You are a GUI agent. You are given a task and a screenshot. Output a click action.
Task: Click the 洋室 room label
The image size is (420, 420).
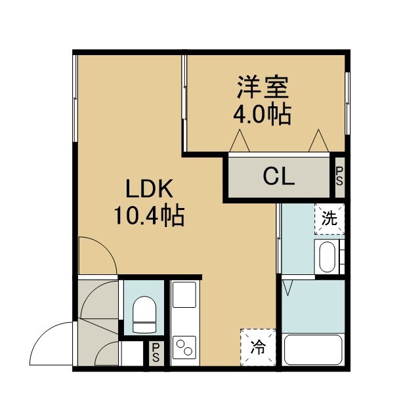pyautogui.click(x=262, y=87)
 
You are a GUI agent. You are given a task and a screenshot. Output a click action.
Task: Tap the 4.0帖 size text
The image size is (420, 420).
pyautogui.click(x=262, y=114)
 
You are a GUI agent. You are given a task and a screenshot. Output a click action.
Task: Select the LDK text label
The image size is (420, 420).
pyautogui.click(x=149, y=189)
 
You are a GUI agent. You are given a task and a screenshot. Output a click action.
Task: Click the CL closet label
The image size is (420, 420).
pyautogui.click(x=279, y=176)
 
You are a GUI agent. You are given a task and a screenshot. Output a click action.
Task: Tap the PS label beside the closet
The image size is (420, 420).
pyautogui.click(x=339, y=177)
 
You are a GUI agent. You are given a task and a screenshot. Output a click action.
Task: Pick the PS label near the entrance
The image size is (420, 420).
pyautogui.click(x=156, y=352)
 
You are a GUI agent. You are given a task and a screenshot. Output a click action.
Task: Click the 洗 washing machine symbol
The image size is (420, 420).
pyautogui.click(x=329, y=219)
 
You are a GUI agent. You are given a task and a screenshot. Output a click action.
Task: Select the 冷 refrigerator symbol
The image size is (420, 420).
pyautogui.click(x=258, y=347)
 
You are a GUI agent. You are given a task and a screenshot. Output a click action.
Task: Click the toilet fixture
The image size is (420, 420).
pyautogui.click(x=144, y=314)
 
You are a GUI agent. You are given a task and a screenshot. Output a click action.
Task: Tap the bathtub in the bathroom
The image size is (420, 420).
pyautogui.click(x=313, y=350)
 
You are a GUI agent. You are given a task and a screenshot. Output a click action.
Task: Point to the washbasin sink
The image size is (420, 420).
pyautogui.click(x=327, y=257)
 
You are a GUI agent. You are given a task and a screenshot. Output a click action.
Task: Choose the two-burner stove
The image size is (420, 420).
pyautogui.click(x=184, y=347)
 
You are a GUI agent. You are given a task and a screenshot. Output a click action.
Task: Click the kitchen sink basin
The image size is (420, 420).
pyautogui.click(x=184, y=295)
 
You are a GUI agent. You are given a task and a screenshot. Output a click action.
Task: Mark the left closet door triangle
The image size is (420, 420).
pyautogui.click(x=240, y=141)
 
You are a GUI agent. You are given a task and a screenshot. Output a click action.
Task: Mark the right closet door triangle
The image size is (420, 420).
pyautogui.click(x=318, y=141)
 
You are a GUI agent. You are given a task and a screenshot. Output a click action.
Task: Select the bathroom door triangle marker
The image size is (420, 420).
pyautogui.click(x=287, y=288)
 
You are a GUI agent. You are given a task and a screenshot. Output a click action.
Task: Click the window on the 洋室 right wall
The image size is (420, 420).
pyautogui.click(x=347, y=103)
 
